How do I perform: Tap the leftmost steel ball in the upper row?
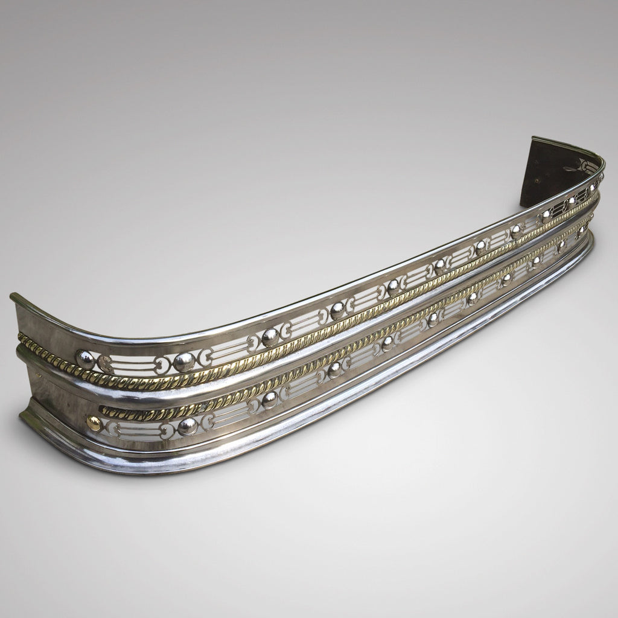pos(85,360)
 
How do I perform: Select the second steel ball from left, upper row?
pos(183,362)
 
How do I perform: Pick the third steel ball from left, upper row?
pos(270,337)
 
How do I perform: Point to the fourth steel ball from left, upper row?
pos(338,311)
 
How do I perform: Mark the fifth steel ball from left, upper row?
pos(393,287)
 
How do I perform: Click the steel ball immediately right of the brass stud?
pos(188,426)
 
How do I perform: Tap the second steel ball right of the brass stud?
pos(270,400)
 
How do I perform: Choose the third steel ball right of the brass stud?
pos(336,370)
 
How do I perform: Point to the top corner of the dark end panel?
pos(534,139)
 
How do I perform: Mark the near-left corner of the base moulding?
pos(23,416)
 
